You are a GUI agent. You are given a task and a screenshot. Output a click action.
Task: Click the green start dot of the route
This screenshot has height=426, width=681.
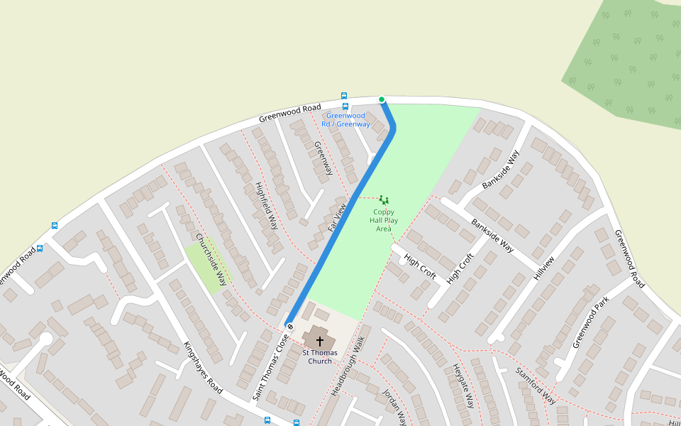tap(382, 99)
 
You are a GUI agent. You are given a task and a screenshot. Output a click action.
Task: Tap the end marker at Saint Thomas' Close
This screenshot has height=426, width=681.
tap(289, 326)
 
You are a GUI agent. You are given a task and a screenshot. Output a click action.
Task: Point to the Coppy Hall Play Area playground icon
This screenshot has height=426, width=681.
tap(384, 200)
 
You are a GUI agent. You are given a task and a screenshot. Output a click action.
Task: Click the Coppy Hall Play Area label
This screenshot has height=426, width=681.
tap(384, 220)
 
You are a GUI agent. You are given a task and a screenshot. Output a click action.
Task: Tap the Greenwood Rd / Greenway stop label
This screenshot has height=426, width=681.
tap(345, 120)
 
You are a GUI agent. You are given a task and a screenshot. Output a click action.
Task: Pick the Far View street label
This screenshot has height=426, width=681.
tap(336, 218)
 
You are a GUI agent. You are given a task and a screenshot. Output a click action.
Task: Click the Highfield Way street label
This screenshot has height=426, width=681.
tap(266, 205)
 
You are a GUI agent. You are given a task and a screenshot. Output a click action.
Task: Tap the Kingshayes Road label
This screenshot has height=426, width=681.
tap(203, 368)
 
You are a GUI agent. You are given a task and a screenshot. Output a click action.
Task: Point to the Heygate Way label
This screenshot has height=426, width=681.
tap(463, 386)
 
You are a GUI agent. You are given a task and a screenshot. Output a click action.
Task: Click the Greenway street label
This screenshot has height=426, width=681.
tap(323, 158)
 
